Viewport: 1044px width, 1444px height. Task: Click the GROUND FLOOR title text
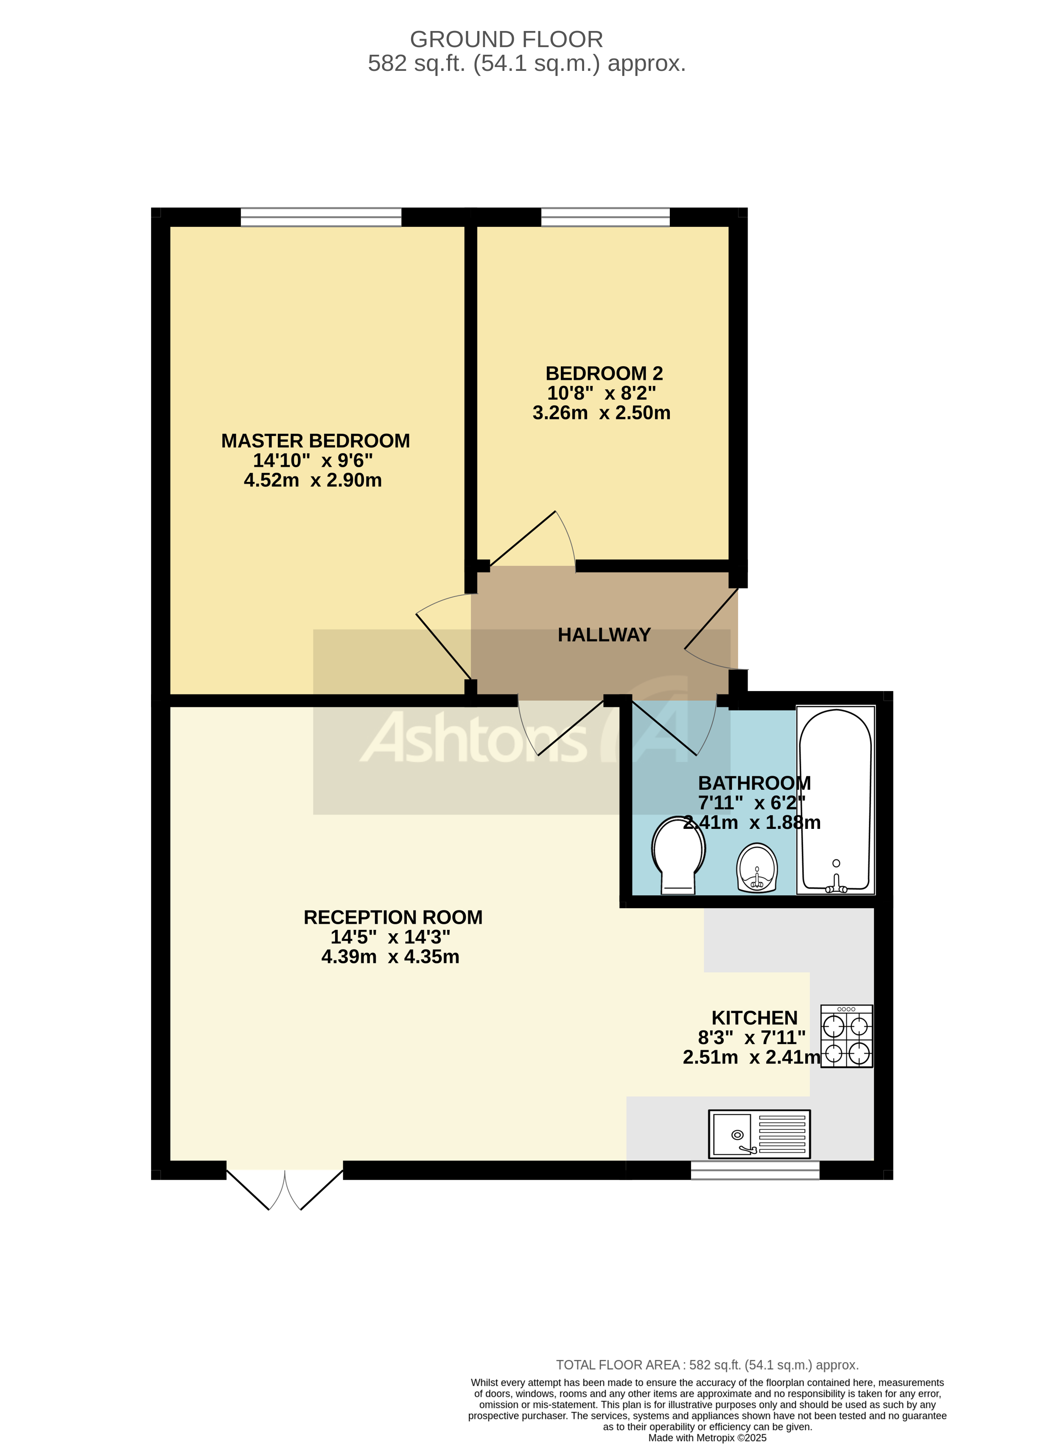pyautogui.click(x=506, y=39)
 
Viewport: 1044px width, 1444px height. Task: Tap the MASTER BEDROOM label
pyautogui.click(x=315, y=441)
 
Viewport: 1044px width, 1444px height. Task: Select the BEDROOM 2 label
pyautogui.click(x=604, y=373)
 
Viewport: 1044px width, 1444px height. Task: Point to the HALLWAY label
pyautogui.click(x=604, y=635)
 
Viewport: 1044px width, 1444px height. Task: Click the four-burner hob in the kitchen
pyautogui.click(x=846, y=1036)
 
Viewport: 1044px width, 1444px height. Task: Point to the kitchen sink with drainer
pyautogui.click(x=759, y=1134)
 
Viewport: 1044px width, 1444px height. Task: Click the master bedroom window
pyautogui.click(x=321, y=217)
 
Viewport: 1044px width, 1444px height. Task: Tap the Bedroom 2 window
pyautogui.click(x=605, y=217)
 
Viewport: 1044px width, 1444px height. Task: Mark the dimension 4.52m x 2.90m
pyautogui.click(x=313, y=480)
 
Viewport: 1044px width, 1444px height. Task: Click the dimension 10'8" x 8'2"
pyautogui.click(x=601, y=393)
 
